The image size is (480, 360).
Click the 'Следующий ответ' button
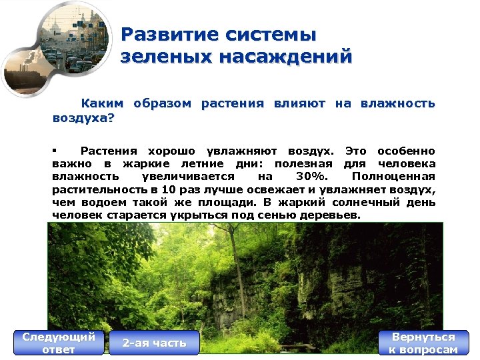point(59,343)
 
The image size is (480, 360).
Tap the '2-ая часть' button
point(154,343)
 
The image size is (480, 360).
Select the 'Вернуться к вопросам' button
point(423,343)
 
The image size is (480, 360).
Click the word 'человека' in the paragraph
point(407,164)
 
